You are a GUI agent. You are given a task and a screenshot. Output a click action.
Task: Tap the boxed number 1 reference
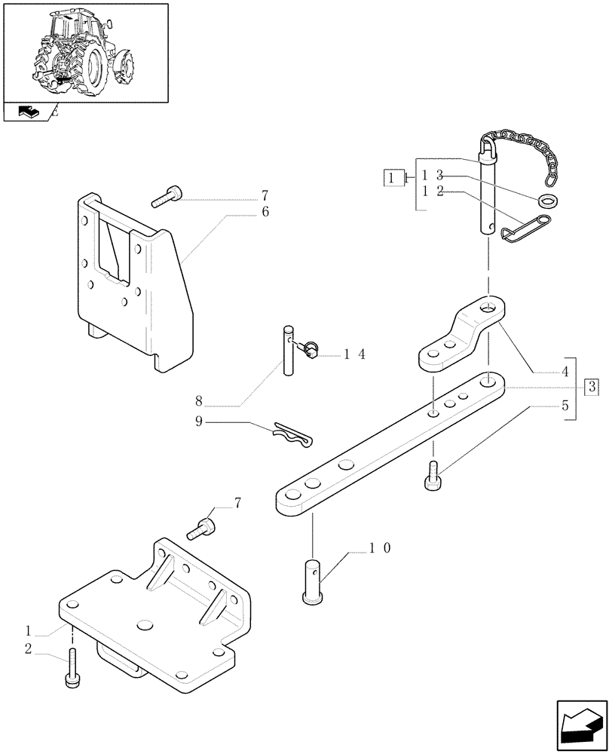pos(392,178)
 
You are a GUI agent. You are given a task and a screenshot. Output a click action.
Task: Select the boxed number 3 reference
pos(592,388)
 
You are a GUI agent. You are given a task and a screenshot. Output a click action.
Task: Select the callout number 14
pos(354,354)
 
